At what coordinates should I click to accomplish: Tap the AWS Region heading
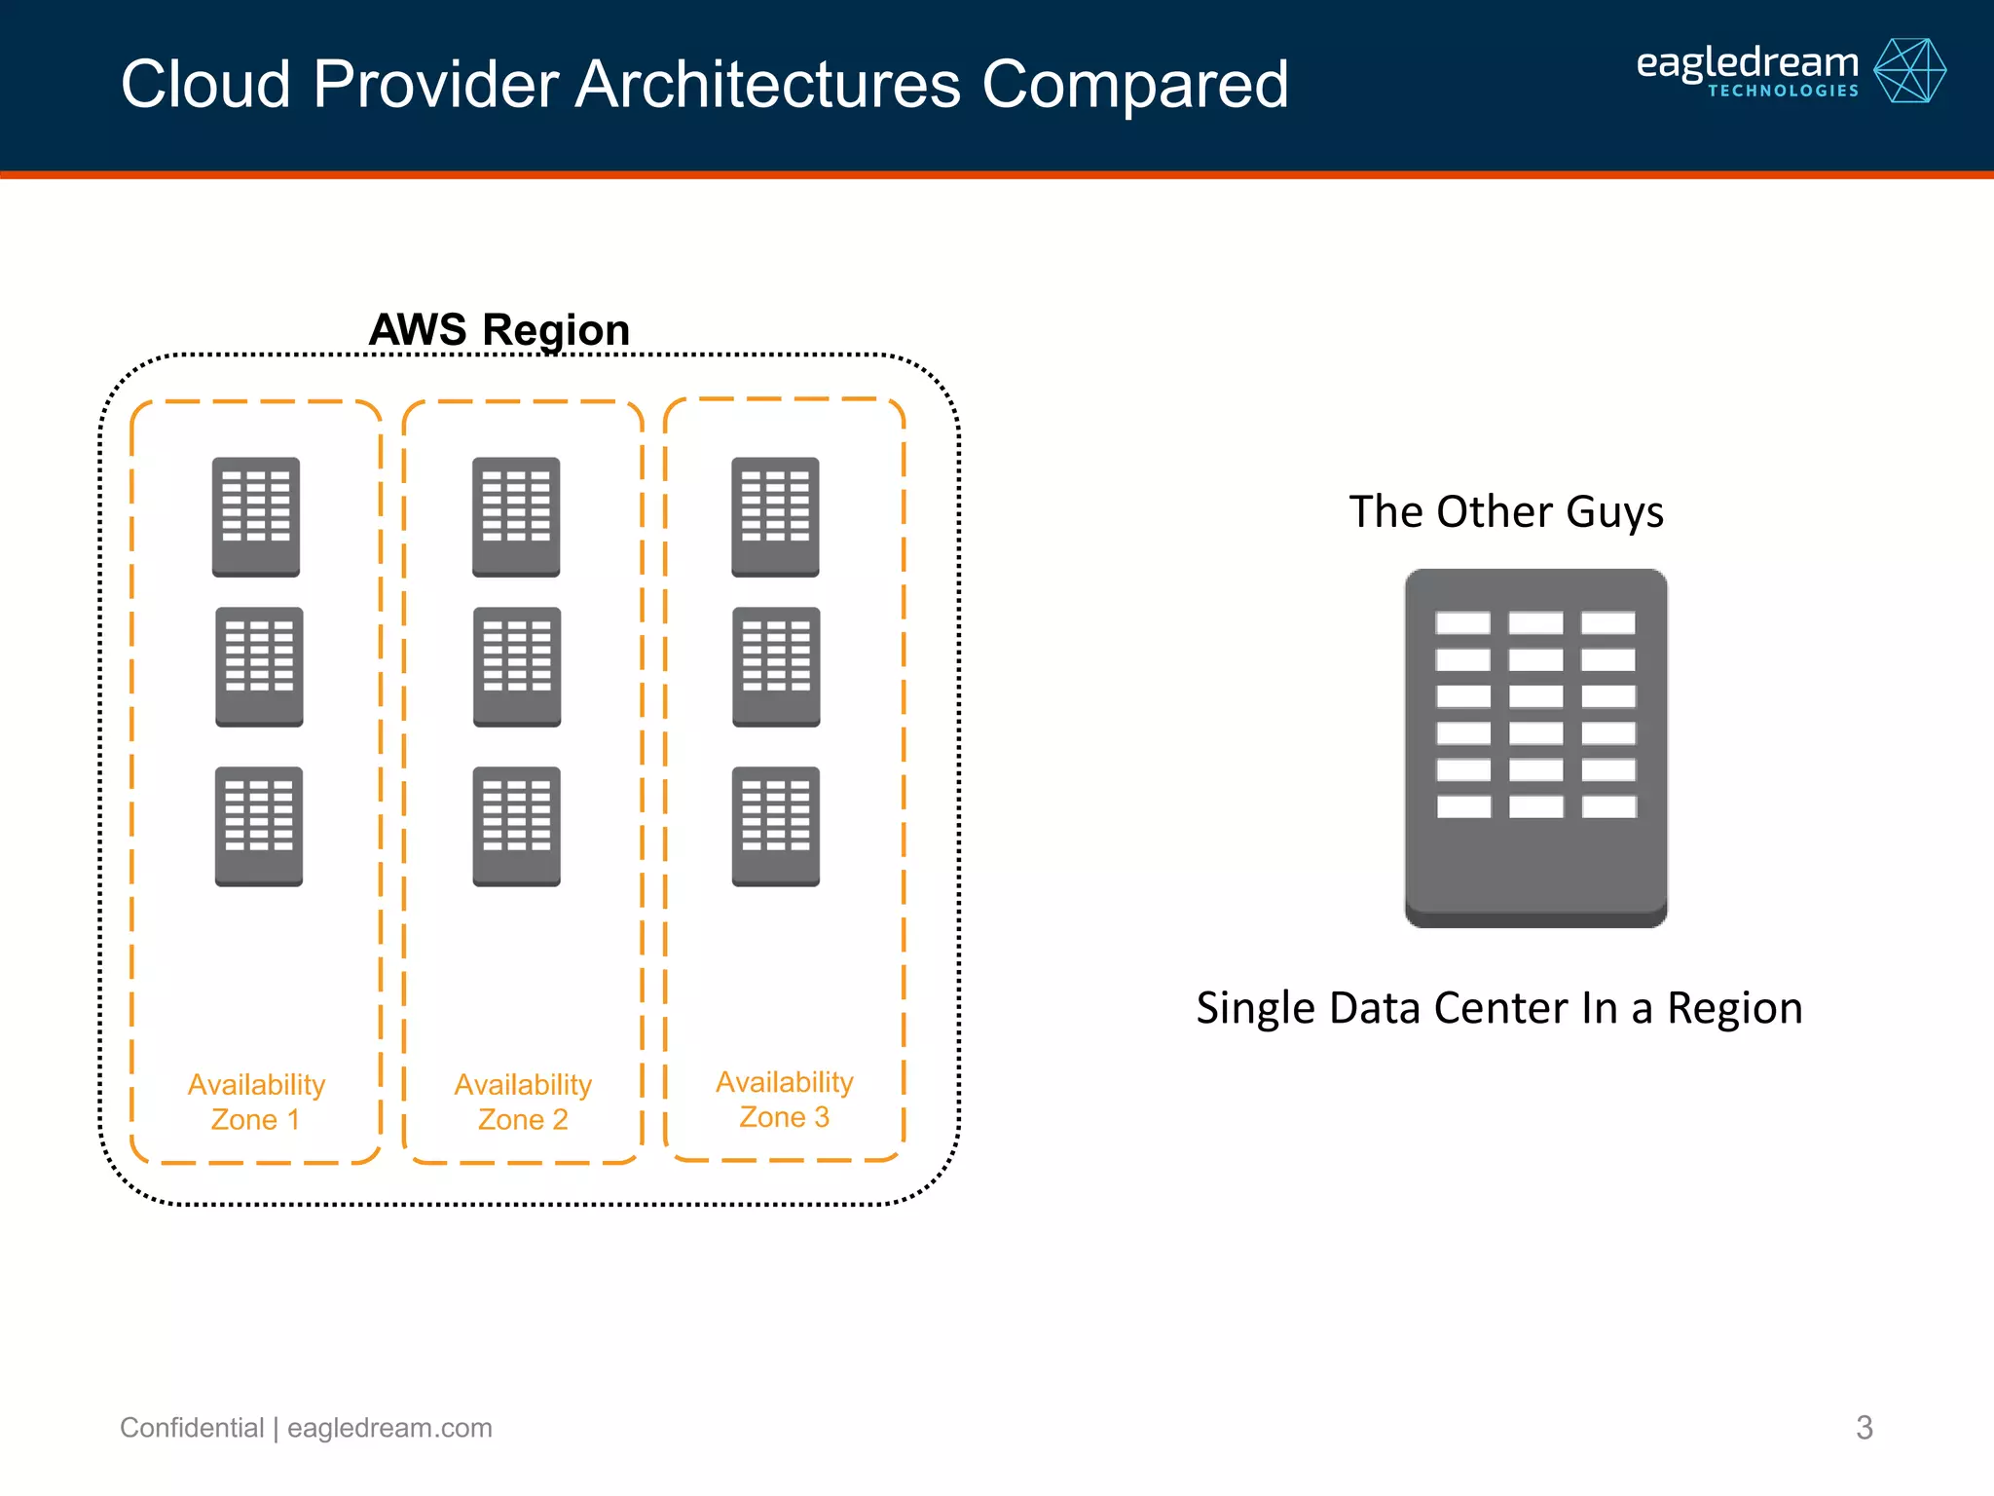499,330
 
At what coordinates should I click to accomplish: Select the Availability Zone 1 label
256,1102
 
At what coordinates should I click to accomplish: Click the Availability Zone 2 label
523,1102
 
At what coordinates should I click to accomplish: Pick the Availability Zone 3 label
784,1100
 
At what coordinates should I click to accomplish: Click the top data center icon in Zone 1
256,516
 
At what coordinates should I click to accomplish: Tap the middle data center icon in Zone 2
517,667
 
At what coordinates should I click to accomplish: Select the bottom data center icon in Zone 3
776,826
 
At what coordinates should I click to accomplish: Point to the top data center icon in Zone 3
775,516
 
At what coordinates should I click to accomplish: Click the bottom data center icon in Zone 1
258,826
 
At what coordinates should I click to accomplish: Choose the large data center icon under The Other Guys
1535,747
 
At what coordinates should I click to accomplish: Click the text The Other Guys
1506,512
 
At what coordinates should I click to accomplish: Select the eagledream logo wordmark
1747,62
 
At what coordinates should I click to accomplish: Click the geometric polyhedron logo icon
1909,71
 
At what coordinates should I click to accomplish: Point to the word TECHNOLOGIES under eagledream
1783,92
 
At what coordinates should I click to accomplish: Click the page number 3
1864,1428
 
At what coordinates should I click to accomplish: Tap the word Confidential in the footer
192,1428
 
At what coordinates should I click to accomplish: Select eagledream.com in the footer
389,1428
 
